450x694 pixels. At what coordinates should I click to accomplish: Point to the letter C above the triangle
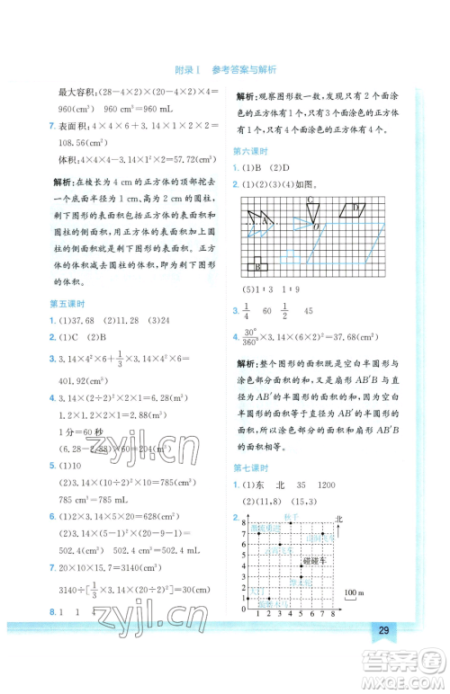(309, 199)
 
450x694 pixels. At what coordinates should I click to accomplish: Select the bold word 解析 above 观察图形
(247, 95)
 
